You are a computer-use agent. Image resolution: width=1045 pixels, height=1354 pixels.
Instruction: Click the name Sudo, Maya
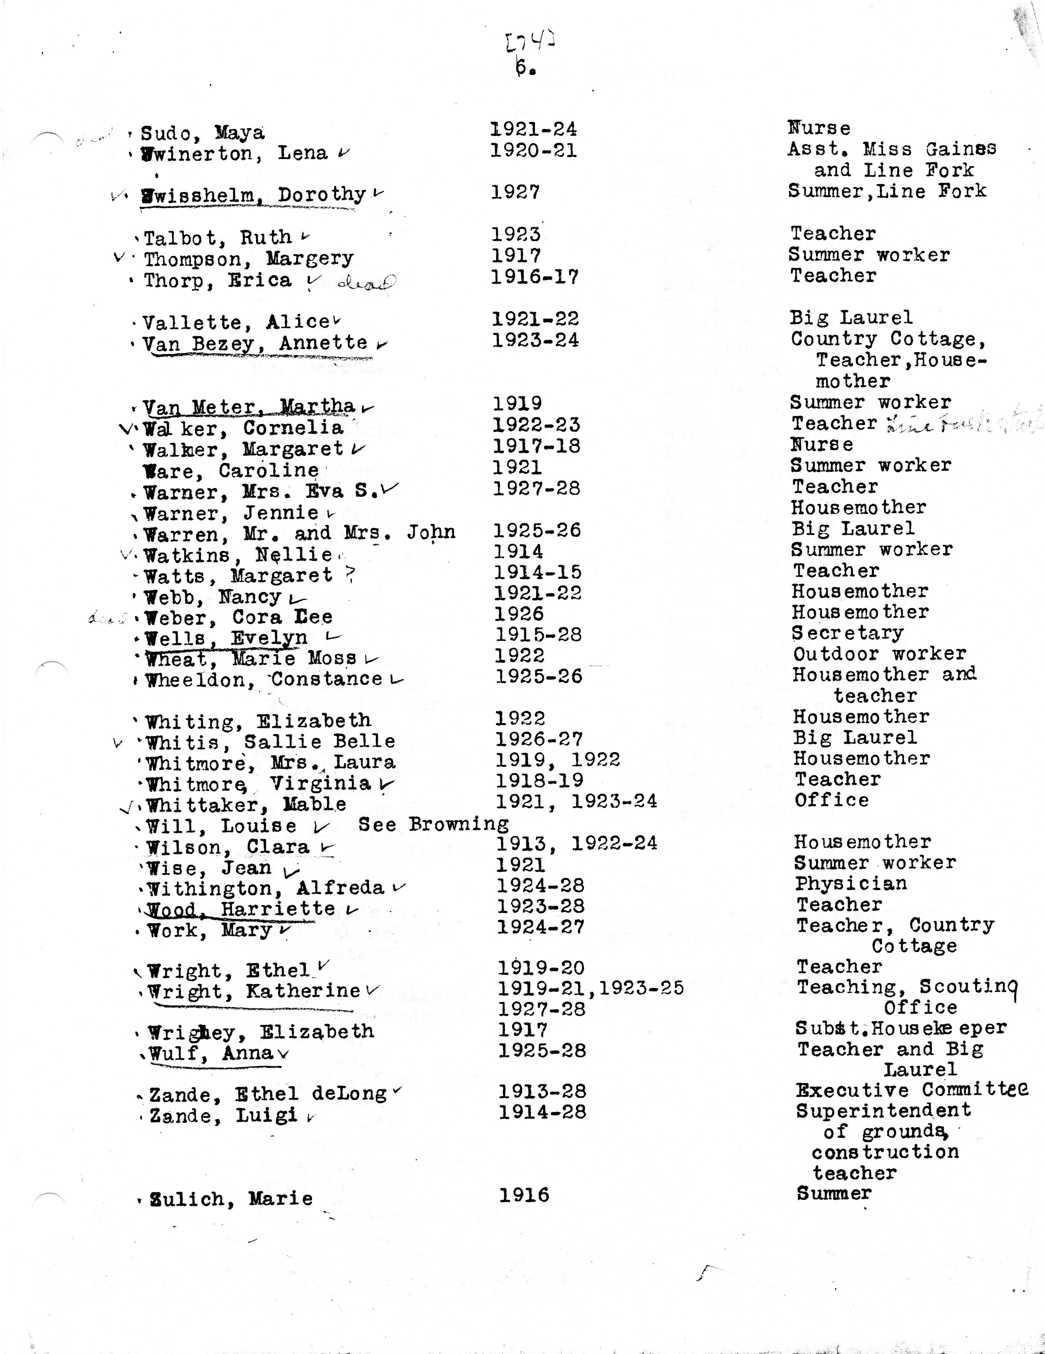click(202, 133)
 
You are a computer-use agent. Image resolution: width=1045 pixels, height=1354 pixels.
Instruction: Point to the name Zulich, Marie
click(231, 1198)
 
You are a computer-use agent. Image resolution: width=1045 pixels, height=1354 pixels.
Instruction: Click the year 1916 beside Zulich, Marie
click(524, 1195)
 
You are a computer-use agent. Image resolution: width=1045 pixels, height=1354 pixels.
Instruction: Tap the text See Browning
click(433, 824)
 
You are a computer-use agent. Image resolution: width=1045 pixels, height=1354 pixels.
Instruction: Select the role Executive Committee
click(912, 1090)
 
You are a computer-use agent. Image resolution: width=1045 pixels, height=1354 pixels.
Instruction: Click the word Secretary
click(847, 633)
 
